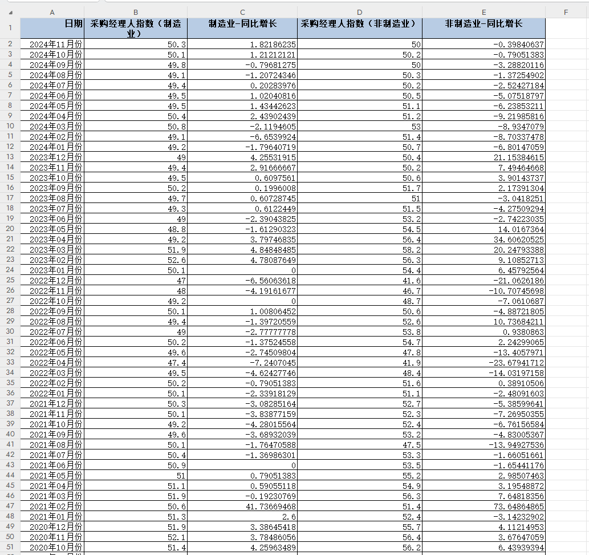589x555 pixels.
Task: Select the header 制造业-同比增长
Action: [x=242, y=23]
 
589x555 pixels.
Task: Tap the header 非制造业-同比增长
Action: [x=484, y=23]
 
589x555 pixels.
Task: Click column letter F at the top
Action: [x=566, y=12]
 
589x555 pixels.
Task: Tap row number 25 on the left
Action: [x=10, y=280]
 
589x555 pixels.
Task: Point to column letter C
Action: [x=242, y=12]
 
